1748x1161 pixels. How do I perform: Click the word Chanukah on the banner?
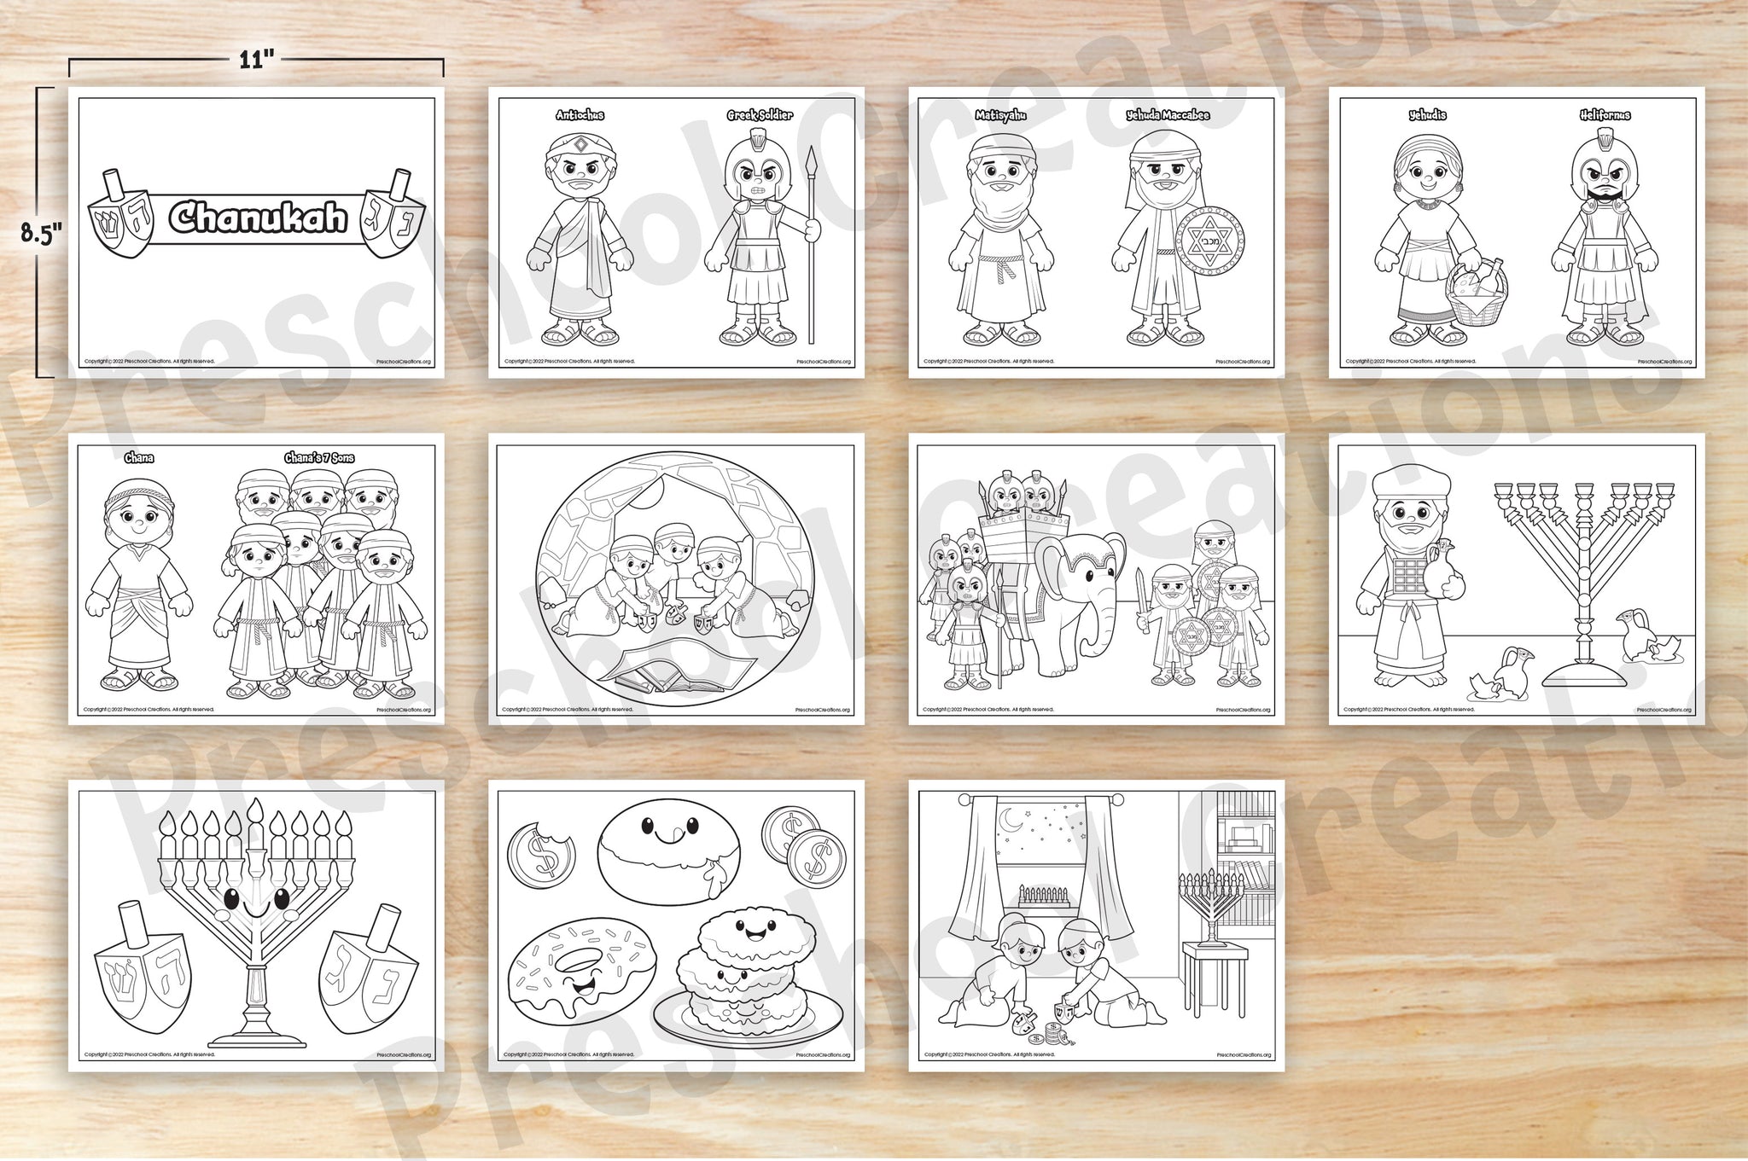click(257, 218)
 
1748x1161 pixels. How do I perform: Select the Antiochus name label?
click(580, 115)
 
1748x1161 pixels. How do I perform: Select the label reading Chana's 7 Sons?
click(319, 458)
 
